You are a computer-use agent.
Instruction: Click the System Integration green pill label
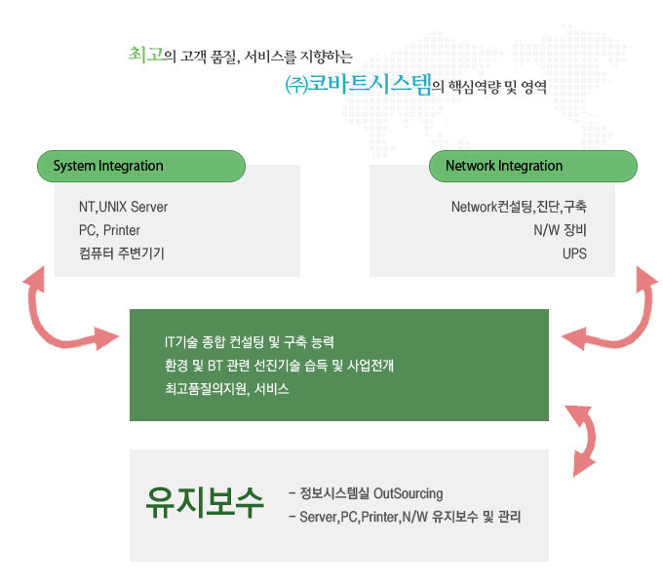pos(139,166)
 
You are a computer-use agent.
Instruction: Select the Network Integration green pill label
pos(533,166)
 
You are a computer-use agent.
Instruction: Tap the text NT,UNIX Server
pos(124,207)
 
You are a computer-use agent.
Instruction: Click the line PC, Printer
pos(109,230)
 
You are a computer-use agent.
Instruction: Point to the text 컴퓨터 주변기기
pos(122,253)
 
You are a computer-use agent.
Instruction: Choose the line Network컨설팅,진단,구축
pos(519,207)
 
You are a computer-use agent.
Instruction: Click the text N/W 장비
pos(560,230)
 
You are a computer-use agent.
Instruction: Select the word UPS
pos(574,253)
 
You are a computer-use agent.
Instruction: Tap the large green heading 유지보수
pos(205,502)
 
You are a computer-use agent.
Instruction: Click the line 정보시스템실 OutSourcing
pos(370,492)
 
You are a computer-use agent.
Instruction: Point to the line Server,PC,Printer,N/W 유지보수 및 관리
pos(409,516)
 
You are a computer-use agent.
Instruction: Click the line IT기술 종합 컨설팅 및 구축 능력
pos(250,342)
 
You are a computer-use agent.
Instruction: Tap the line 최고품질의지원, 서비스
pos(227,389)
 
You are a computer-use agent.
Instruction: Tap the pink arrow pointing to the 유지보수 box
pos(581,433)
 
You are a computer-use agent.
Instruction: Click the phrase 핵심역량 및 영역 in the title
pos(496,87)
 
